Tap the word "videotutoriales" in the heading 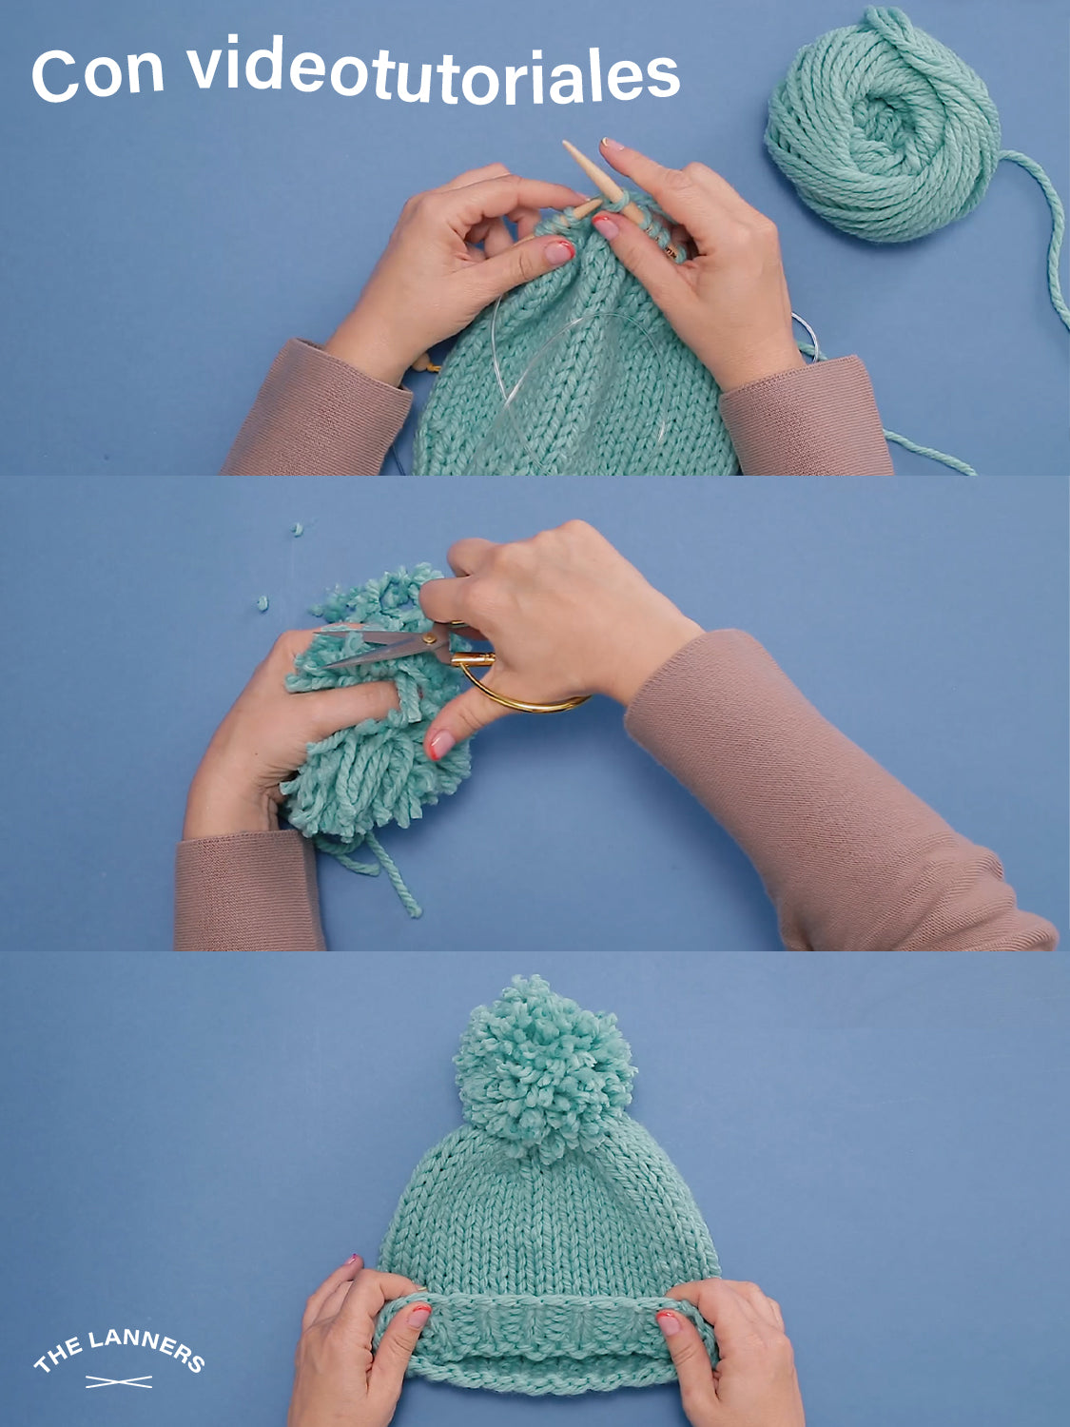[435, 71]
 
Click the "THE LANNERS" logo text [119, 1350]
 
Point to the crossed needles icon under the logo [119, 1381]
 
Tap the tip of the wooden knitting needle [565, 143]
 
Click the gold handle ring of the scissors [519, 686]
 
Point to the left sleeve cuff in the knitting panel [319, 410]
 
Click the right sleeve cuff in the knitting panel [806, 416]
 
